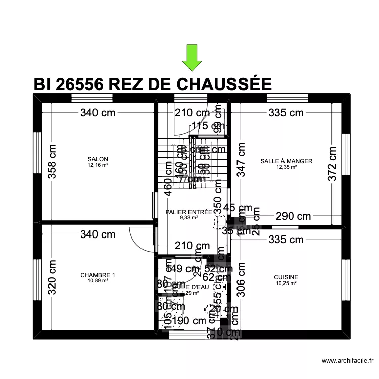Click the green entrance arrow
coord(192,57)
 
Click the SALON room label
coord(98,159)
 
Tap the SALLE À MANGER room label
coord(287,161)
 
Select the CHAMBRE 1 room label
coord(98,275)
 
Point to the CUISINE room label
coord(286,277)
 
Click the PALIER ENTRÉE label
coord(188,212)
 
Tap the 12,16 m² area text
coord(98,165)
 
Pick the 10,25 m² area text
coord(286,283)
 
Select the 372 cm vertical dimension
coord(331,165)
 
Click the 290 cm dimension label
coord(293,217)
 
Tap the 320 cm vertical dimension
coord(52,277)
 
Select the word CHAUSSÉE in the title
coord(217,84)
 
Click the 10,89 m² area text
coord(98,281)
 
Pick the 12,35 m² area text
coord(287,167)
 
